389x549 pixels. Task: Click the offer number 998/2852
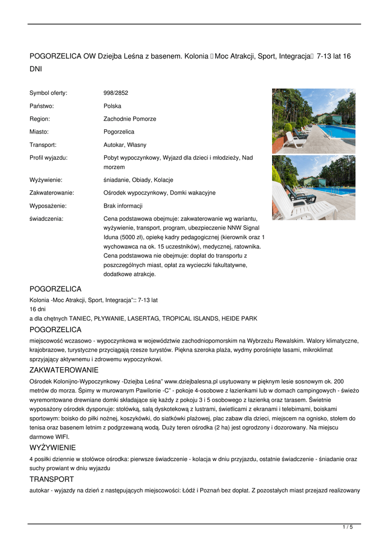[x=116, y=93]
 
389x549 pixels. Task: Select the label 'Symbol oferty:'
[x=48, y=93]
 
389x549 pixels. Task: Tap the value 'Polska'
[x=112, y=106]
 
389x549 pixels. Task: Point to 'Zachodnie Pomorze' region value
[x=130, y=119]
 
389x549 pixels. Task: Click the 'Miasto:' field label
[x=39, y=132]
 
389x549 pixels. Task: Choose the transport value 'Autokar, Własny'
[x=124, y=145]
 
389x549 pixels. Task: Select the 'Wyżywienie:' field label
[x=46, y=180]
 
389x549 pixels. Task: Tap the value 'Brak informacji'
[x=123, y=206]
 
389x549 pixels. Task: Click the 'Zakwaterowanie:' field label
[x=52, y=192]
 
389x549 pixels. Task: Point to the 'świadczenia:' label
[x=46, y=219]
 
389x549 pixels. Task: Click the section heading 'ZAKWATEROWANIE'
[x=64, y=370]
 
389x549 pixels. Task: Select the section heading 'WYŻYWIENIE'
[x=53, y=447]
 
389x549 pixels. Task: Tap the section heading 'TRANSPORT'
[x=52, y=479]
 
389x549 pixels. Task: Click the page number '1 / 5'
[x=348, y=528]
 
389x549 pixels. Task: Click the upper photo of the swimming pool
[x=313, y=121]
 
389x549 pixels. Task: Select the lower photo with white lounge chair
[x=313, y=188]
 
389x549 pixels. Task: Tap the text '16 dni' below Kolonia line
[x=38, y=309]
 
